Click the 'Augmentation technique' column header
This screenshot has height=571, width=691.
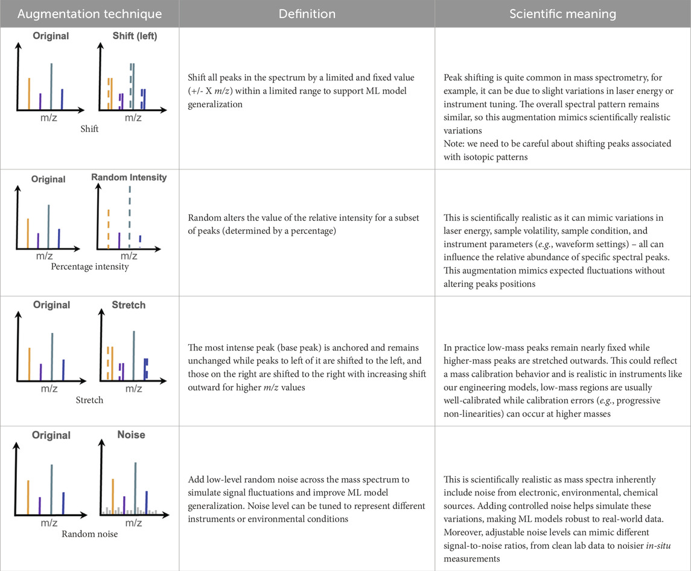tap(89, 13)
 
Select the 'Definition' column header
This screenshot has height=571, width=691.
tap(307, 13)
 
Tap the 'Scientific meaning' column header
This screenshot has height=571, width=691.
tap(562, 13)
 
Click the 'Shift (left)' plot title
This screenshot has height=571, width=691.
tap(135, 36)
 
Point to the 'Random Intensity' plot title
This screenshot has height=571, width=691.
tap(129, 177)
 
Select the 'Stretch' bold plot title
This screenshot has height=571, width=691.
tap(129, 305)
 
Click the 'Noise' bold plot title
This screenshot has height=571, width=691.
tap(131, 434)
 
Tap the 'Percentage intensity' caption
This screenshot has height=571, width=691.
tap(89, 267)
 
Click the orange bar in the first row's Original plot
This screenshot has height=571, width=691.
tap(29, 93)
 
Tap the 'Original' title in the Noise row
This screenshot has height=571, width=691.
tap(51, 435)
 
